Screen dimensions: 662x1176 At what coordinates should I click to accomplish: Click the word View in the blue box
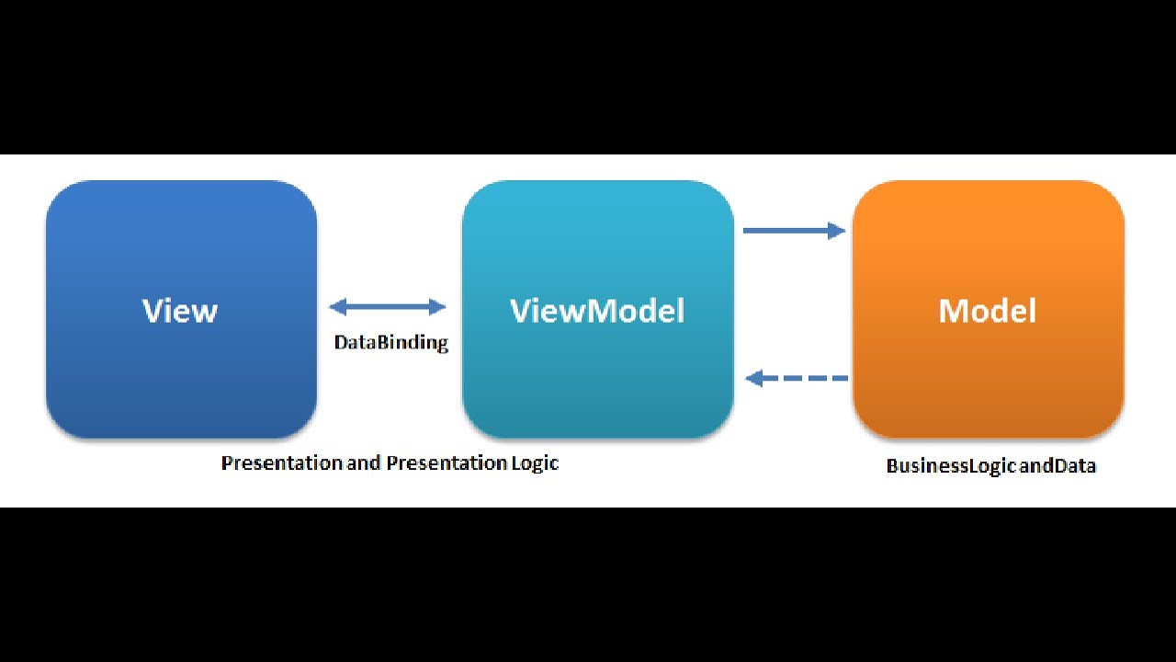point(180,311)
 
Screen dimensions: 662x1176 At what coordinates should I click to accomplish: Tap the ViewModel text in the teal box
point(597,311)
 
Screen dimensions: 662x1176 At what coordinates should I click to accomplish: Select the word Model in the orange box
point(987,311)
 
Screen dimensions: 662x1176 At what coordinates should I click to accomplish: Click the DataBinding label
point(390,343)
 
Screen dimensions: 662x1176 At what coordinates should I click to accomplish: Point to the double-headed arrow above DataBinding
point(387,307)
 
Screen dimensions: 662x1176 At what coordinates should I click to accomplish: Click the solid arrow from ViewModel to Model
point(793,230)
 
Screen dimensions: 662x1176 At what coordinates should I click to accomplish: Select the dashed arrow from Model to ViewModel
point(797,378)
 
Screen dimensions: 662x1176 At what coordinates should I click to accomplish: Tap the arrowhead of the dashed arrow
point(754,378)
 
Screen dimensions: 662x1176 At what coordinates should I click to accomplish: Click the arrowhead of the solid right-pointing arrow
point(837,230)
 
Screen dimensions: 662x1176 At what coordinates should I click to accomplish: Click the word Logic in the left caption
point(534,462)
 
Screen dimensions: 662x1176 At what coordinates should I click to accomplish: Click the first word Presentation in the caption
point(281,462)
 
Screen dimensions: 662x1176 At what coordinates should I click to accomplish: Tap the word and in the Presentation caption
point(364,462)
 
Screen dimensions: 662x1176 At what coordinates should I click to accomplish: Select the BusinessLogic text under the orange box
point(951,466)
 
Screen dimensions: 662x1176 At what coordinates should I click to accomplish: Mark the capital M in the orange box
point(953,311)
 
